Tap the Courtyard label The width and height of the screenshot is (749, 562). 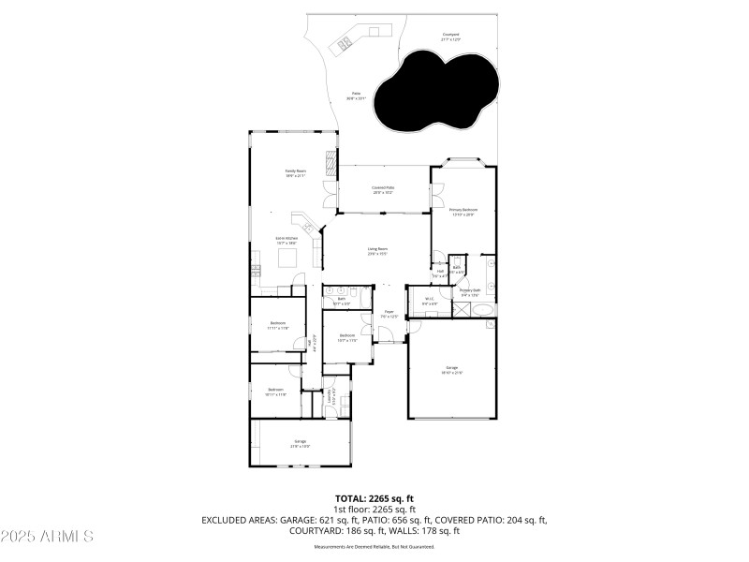pos(451,37)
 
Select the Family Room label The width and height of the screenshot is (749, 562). pos(296,172)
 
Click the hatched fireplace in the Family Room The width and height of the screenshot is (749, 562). pos(330,163)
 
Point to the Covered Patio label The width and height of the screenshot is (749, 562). pos(383,190)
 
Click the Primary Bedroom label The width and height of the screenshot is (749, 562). pos(463,212)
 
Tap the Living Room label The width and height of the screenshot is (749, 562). pos(377,251)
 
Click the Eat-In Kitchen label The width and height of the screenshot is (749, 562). pos(286,241)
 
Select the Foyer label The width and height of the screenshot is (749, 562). pos(389,315)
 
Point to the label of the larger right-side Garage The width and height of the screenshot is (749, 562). pos(453,370)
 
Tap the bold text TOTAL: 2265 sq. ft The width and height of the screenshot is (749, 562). pos(374,498)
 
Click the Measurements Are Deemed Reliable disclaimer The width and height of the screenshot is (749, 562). pos(374,546)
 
